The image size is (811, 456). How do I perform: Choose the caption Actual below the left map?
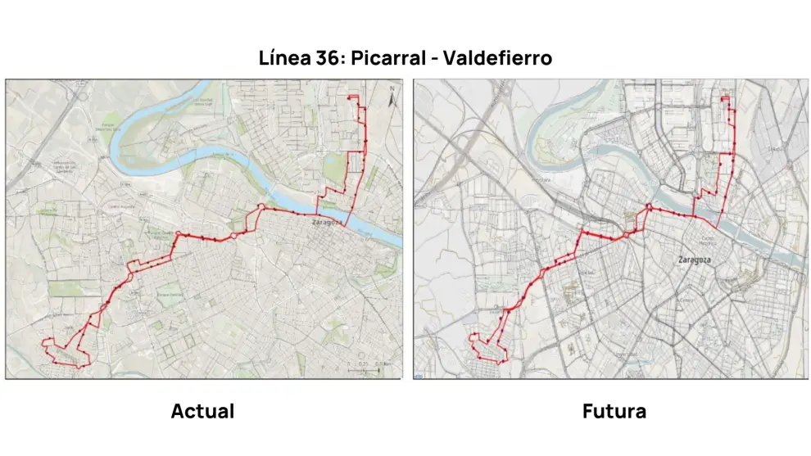click(202, 411)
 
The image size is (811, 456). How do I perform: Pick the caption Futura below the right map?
click(614, 411)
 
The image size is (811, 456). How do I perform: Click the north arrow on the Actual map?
click(393, 95)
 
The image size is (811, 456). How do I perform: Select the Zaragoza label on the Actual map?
click(331, 222)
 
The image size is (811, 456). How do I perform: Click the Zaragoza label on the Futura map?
click(692, 260)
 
